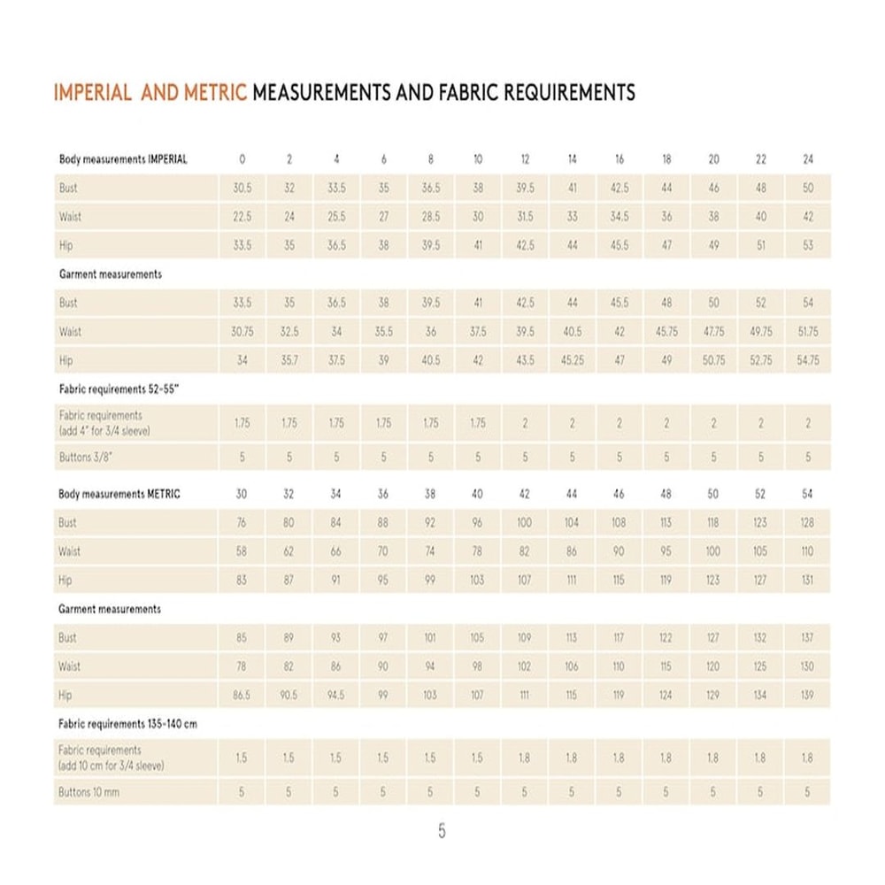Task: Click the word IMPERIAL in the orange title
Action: point(93,92)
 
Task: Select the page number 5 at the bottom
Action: point(442,831)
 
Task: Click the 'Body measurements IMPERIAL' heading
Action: point(123,159)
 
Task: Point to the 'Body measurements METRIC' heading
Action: point(119,494)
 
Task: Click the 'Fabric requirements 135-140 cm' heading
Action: point(127,724)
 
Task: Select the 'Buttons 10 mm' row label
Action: point(88,793)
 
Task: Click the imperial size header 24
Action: point(807,159)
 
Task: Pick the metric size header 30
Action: point(242,494)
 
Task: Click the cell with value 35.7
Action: point(289,361)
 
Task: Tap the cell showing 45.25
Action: point(572,361)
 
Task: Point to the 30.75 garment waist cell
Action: point(242,332)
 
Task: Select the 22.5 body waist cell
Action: point(242,217)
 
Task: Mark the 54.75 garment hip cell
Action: point(807,361)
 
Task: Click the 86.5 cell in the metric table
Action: point(242,696)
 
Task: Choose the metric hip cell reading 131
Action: point(807,581)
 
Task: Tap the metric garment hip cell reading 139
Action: point(807,696)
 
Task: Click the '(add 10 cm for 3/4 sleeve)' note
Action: point(112,766)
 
